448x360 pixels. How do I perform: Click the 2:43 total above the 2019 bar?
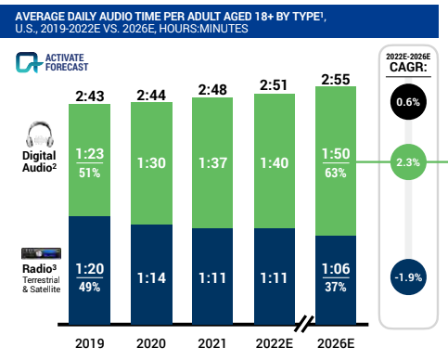coord(89,96)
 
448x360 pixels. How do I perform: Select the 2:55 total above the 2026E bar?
coord(339,80)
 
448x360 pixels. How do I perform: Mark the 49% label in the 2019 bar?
coord(89,286)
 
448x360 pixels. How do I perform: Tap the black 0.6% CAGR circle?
coord(408,102)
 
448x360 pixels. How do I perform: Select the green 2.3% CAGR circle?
coord(408,161)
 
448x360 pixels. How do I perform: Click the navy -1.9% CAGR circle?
coord(408,276)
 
